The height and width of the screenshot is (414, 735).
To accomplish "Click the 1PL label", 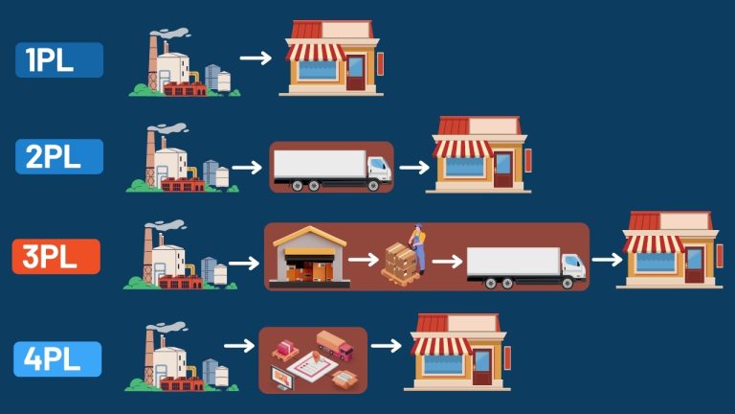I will [x=58, y=59].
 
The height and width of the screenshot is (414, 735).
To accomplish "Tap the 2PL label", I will [x=58, y=156].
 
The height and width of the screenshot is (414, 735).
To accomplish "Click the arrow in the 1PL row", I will [x=256, y=58].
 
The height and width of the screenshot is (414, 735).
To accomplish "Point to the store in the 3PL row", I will [x=668, y=249].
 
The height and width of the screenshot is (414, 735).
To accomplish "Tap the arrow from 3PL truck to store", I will [x=606, y=259].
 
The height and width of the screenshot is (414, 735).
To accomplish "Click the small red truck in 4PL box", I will [x=333, y=342].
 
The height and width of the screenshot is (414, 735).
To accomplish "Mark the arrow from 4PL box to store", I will [x=386, y=346].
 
